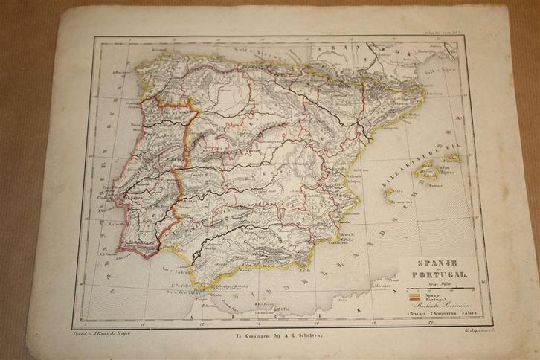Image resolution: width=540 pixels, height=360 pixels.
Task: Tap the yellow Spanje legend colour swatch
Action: click(414, 296)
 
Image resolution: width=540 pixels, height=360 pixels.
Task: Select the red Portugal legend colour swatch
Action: click(414, 301)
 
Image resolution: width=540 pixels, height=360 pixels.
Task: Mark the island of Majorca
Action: click(425, 177)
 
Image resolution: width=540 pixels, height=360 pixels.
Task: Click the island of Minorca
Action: click(450, 158)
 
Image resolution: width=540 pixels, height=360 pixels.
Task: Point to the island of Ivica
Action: click(390, 191)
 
